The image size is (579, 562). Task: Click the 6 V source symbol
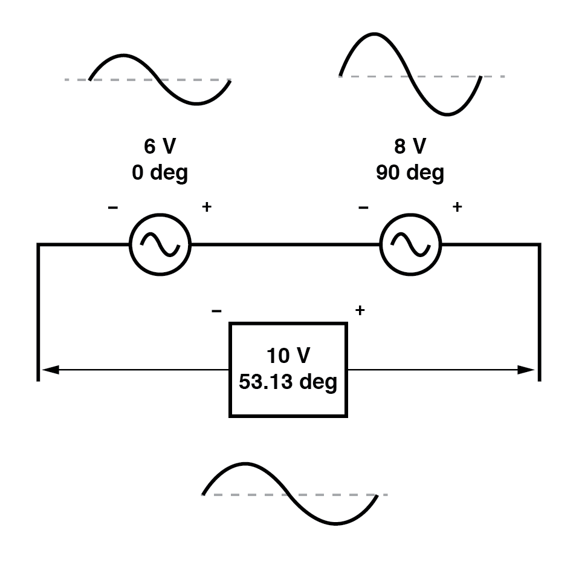click(160, 244)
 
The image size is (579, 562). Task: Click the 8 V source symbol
click(410, 244)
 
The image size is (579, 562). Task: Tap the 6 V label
click(160, 147)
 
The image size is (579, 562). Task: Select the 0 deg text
click(160, 173)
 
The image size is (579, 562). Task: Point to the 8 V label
click(410, 147)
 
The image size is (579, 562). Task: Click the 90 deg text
click(410, 173)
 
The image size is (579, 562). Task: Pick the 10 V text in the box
click(288, 355)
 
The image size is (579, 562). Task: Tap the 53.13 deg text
click(288, 382)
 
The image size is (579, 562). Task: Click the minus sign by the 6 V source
click(113, 207)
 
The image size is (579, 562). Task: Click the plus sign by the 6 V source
click(207, 207)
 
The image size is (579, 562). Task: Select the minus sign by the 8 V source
click(363, 207)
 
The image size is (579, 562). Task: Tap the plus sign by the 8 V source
click(457, 207)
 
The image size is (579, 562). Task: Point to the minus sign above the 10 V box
click(216, 311)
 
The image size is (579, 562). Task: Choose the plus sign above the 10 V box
click(360, 311)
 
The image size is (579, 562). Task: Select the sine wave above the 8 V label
click(410, 76)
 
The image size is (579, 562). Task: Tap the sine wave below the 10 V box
click(290, 494)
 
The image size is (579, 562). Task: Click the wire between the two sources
click(285, 244)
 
